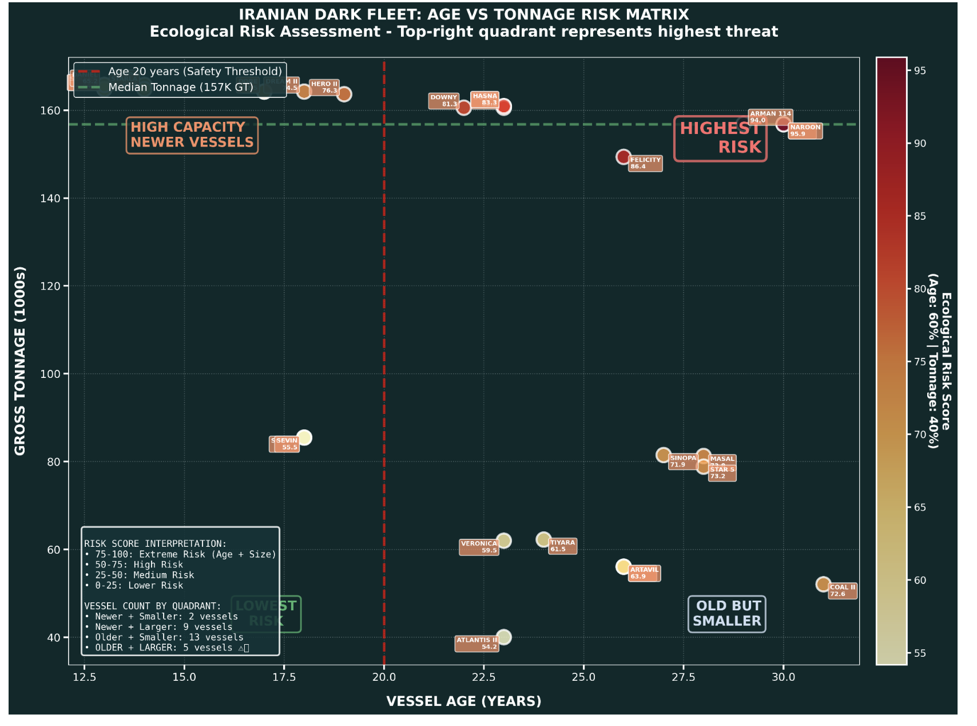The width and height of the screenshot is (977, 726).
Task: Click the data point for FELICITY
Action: (x=623, y=157)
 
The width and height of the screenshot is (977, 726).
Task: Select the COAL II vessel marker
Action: (x=823, y=584)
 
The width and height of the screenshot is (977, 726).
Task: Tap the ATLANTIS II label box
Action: (x=476, y=644)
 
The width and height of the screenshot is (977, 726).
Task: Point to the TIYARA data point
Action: (x=543, y=539)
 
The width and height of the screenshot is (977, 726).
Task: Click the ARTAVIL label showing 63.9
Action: (x=644, y=573)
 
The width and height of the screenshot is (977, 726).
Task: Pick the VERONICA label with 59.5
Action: (x=479, y=547)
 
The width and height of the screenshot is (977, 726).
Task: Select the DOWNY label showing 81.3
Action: (x=443, y=101)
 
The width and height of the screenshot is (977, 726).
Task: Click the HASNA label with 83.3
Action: (x=485, y=100)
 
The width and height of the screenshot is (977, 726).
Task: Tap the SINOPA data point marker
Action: (x=663, y=455)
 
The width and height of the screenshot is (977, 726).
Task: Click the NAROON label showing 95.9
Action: (x=805, y=131)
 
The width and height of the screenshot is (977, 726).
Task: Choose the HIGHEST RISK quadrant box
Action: (x=720, y=138)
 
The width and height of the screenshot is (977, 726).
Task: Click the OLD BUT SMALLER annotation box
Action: (x=726, y=614)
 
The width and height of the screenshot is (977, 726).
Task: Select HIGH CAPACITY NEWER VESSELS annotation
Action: (x=192, y=135)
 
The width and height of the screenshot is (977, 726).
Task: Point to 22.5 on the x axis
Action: (x=483, y=677)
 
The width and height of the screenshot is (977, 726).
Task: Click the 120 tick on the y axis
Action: (x=53, y=286)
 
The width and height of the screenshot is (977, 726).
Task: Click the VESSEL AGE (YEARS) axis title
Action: (x=463, y=701)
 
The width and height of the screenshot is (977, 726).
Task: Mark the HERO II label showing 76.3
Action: (x=324, y=87)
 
